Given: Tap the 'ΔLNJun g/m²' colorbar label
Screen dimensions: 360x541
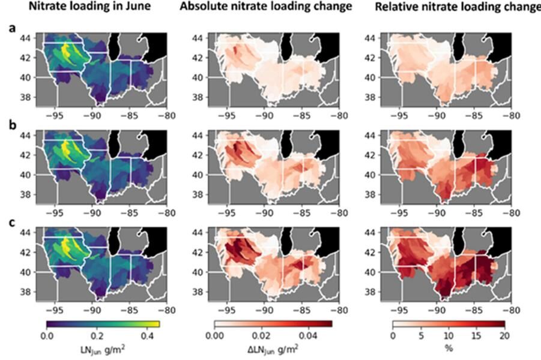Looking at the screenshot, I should (273, 348).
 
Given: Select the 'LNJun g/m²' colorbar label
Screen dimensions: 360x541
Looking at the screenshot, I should (103, 348).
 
